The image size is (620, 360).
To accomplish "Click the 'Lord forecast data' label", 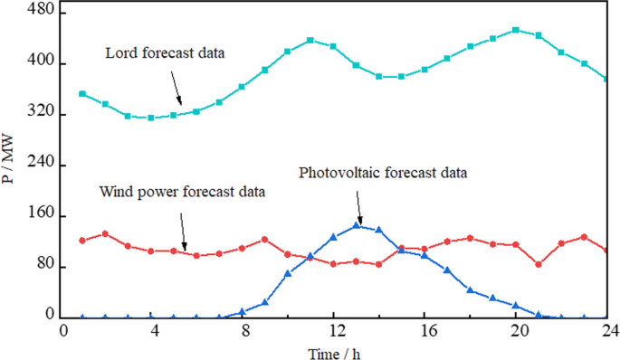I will (x=163, y=54).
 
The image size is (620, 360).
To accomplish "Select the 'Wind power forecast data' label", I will (x=182, y=192).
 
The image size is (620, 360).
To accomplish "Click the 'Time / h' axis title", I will (x=333, y=349).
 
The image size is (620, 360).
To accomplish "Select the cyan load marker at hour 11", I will (x=310, y=40).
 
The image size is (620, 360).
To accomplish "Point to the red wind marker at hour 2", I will (x=105, y=233).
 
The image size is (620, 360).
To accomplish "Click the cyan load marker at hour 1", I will (x=82, y=94).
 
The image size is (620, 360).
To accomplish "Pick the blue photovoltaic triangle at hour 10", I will (x=288, y=273).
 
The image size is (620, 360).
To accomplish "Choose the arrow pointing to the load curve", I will (x=176, y=88).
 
